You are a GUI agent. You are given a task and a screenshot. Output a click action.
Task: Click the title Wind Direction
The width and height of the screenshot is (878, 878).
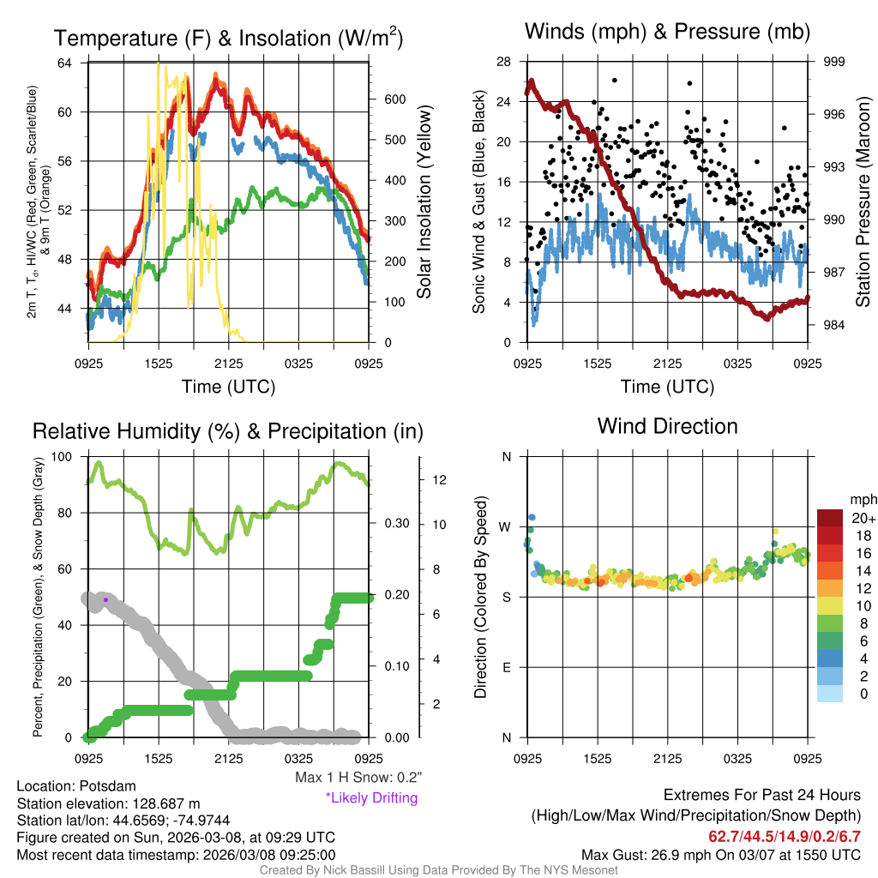(667, 426)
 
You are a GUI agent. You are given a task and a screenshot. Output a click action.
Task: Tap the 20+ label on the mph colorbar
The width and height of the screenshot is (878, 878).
(863, 518)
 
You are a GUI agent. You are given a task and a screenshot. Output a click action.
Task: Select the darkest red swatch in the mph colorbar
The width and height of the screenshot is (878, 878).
(831, 518)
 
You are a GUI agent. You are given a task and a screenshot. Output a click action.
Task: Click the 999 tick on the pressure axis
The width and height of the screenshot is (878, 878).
(834, 62)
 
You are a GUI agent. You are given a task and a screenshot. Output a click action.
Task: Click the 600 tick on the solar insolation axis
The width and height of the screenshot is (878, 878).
(394, 99)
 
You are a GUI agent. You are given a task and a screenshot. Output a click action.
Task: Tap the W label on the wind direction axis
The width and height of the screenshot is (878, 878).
(506, 526)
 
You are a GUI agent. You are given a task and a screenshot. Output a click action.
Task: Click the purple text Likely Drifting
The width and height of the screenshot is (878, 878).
(371, 798)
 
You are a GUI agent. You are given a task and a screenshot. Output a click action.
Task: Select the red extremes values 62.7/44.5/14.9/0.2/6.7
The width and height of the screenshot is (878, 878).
(784, 836)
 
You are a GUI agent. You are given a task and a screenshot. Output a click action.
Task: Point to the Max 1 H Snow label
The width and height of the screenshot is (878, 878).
(358, 778)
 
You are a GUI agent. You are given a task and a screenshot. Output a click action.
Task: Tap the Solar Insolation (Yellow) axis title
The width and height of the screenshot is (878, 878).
(424, 201)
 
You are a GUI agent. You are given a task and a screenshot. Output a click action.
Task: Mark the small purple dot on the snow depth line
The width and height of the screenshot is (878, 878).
(105, 599)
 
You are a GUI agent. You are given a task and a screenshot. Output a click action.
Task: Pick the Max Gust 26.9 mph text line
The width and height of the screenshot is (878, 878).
(720, 855)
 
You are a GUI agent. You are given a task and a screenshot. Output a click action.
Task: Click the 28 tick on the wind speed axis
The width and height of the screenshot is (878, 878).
(504, 62)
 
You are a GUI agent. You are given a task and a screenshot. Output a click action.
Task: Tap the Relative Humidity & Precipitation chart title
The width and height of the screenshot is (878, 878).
(227, 431)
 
